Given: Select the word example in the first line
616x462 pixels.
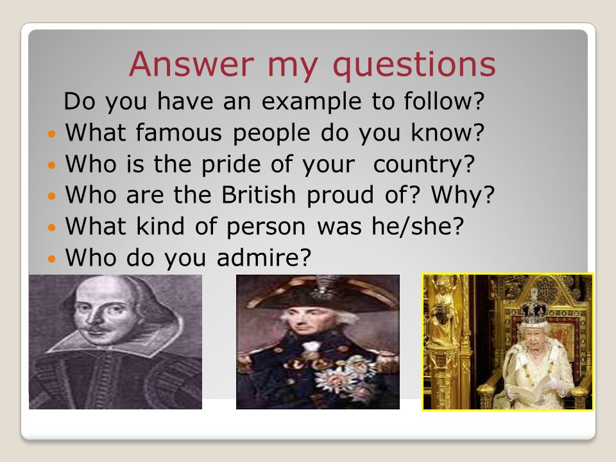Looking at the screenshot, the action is point(311,102).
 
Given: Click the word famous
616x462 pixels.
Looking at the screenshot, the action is point(179,132).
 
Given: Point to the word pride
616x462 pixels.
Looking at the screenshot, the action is point(231,165).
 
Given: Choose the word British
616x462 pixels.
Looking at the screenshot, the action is point(259,194).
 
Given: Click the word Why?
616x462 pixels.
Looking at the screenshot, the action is point(463,196).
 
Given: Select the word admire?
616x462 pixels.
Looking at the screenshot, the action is point(264,258).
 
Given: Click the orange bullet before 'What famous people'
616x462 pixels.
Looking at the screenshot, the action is point(52,134).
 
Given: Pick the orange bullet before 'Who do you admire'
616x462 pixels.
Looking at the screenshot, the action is point(52,259).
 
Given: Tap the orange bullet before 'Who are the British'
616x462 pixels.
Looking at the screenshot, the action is point(52,196).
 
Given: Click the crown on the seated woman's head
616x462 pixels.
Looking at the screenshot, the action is point(535,312).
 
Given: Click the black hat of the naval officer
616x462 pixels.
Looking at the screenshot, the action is point(319,294).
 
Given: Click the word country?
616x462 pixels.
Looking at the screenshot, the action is point(424,165).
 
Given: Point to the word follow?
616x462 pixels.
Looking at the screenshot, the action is point(444,101).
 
